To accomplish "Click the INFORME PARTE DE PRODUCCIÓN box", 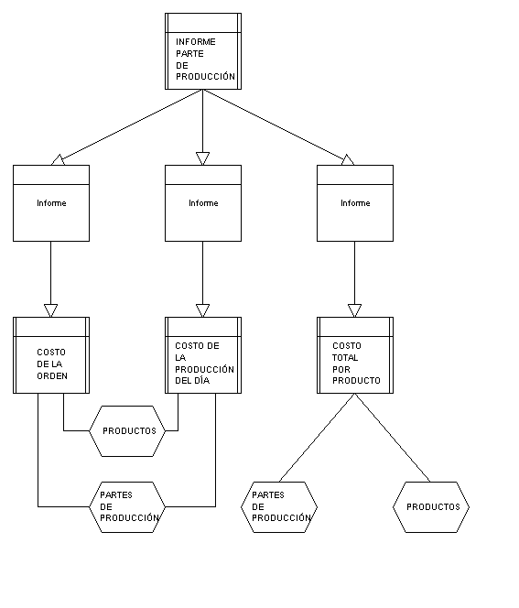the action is pyautogui.click(x=203, y=51).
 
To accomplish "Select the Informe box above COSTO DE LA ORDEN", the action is pyautogui.click(x=51, y=203).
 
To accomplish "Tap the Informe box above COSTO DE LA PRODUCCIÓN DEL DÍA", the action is pyautogui.click(x=203, y=203).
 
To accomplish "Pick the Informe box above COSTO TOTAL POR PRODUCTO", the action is pyautogui.click(x=355, y=203).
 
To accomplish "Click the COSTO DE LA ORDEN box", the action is pyautogui.click(x=51, y=355).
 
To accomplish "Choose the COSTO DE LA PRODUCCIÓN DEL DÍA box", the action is pyautogui.click(x=203, y=355).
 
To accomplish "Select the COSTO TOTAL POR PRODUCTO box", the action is pyautogui.click(x=355, y=355).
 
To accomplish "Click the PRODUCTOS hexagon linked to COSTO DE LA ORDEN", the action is pyautogui.click(x=127, y=431).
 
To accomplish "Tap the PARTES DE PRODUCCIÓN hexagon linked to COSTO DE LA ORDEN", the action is pyautogui.click(x=127, y=507).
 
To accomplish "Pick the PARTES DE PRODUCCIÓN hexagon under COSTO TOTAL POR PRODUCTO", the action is pyautogui.click(x=279, y=507).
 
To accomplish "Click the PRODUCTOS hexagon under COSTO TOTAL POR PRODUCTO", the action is pyautogui.click(x=431, y=507).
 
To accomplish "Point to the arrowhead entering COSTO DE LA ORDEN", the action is pyautogui.click(x=50, y=310).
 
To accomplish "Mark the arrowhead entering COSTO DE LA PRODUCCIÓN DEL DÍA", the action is pyautogui.click(x=202, y=310).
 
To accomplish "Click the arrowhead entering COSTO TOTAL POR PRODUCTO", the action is pyautogui.click(x=354, y=310).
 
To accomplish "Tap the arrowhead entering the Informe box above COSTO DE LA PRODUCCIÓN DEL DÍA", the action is pyautogui.click(x=202, y=158).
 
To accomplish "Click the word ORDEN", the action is pyautogui.click(x=52, y=375).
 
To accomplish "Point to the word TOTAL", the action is pyautogui.click(x=345, y=357).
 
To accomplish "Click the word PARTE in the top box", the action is pyautogui.click(x=189, y=53).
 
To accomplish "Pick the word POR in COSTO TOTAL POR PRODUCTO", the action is pyautogui.click(x=341, y=369).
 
